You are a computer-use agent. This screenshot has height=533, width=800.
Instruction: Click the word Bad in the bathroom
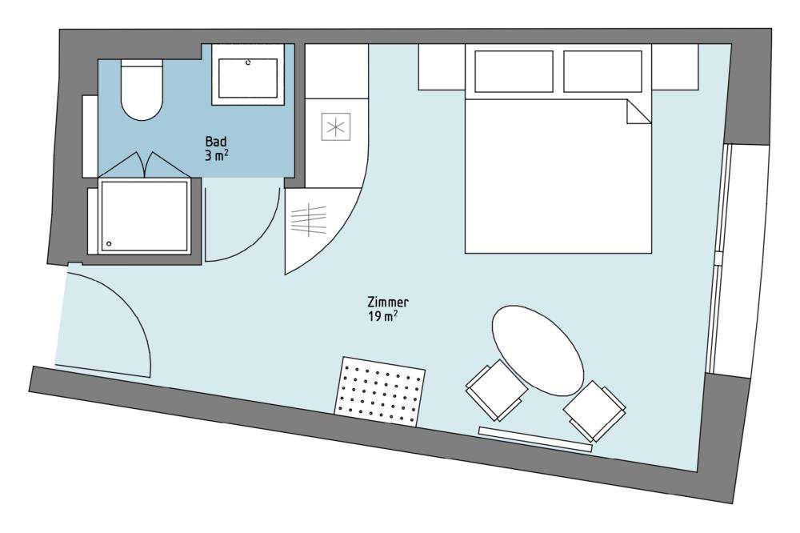[216, 142]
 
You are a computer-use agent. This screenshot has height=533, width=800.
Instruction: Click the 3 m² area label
[217, 156]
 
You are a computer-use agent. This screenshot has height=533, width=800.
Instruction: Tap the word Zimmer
[388, 303]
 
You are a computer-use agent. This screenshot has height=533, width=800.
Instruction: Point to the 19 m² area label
[382, 317]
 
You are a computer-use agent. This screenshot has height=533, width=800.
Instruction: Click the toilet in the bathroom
[142, 90]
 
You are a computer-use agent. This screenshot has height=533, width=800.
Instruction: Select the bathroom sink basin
[248, 78]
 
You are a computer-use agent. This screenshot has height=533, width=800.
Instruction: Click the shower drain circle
[109, 244]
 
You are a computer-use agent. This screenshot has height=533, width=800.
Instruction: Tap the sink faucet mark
[249, 62]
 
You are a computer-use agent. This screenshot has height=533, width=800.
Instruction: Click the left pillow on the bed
[514, 71]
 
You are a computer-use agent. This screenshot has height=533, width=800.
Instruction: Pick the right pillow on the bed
[602, 71]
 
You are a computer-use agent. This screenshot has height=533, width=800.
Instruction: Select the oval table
[538, 351]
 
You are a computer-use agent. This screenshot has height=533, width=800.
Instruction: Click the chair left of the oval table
[497, 390]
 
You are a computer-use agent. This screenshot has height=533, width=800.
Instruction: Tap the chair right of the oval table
[595, 411]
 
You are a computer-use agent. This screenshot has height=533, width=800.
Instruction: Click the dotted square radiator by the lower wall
[380, 391]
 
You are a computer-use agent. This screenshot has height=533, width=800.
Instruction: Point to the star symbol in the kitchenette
[336, 126]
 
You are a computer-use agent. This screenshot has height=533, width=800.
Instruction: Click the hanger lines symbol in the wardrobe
[308, 219]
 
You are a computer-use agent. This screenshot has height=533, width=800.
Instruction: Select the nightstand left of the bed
[442, 67]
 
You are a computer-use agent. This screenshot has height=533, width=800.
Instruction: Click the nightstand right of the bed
[675, 67]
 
